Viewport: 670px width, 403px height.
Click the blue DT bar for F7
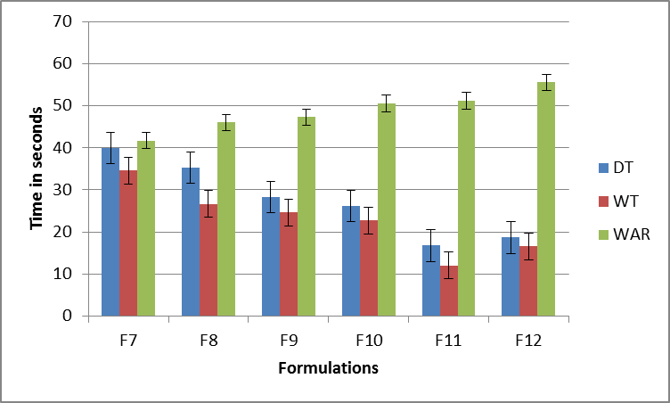tap(110, 232)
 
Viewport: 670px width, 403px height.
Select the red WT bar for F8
tap(208, 260)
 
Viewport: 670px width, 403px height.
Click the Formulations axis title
tap(328, 367)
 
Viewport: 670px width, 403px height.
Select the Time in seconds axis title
tap(37, 168)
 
